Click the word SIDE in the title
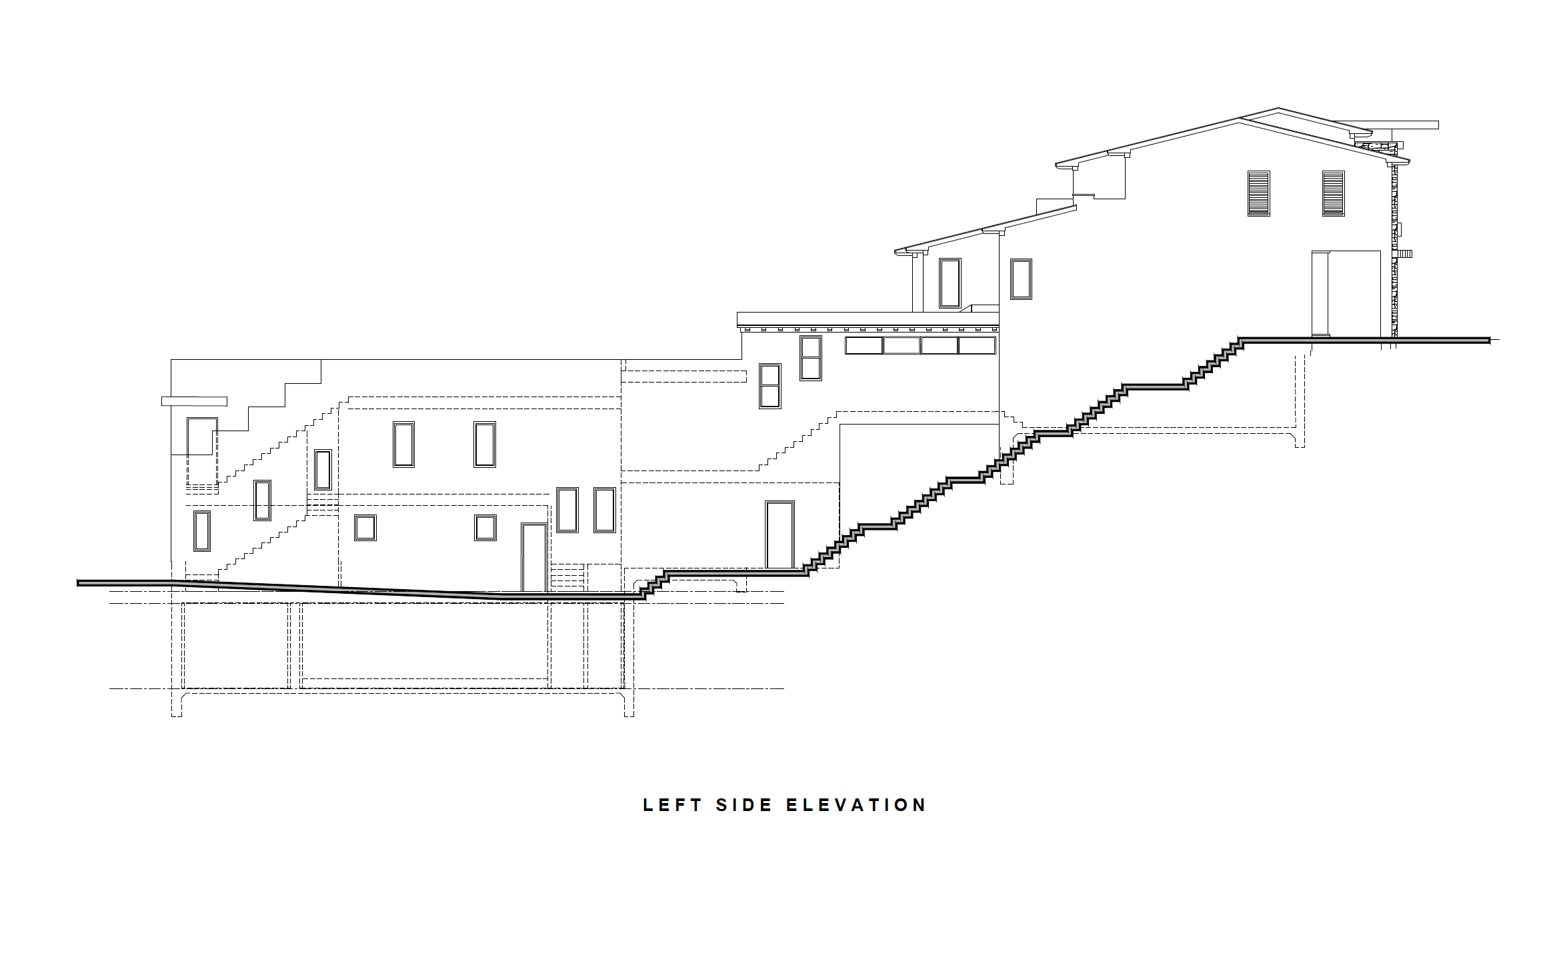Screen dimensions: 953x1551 tap(744, 805)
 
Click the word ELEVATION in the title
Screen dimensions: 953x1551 tap(856, 805)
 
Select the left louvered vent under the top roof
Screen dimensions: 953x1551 tap(1258, 193)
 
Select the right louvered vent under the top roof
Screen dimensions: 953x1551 tap(1333, 193)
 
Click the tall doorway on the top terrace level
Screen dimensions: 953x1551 tap(1346, 293)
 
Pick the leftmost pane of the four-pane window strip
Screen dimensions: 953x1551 tap(864, 345)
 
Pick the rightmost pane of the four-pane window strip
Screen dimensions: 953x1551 tap(976, 345)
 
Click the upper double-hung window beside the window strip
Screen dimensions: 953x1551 tap(811, 358)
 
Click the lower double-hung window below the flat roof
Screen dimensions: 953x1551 tap(769, 386)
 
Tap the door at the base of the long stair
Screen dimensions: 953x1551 tap(780, 534)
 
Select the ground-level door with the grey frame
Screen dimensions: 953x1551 tap(533, 558)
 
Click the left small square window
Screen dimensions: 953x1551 tap(365, 528)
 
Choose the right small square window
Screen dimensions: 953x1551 tap(485, 528)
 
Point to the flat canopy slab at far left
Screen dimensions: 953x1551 tap(194, 401)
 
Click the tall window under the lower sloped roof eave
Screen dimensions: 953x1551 tap(950, 283)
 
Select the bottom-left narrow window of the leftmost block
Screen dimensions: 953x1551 tap(201, 531)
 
